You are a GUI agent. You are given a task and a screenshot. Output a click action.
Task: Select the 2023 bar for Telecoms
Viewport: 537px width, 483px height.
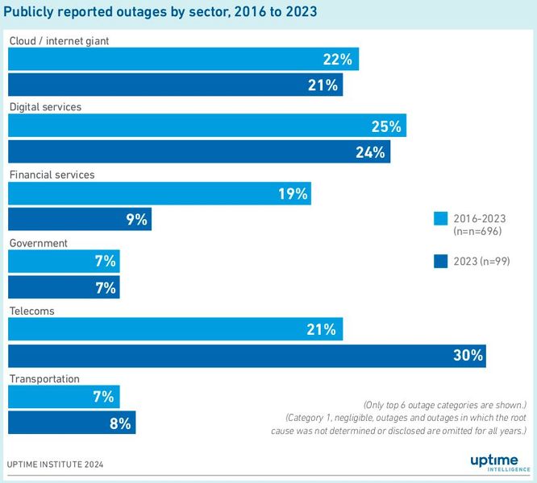click(x=246, y=355)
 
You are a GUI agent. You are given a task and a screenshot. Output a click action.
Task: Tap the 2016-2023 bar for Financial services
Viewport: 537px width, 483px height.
click(x=159, y=193)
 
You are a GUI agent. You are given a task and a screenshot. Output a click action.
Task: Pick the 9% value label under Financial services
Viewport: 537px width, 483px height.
click(x=136, y=219)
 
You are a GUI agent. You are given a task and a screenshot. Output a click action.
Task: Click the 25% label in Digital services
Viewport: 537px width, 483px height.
click(x=386, y=126)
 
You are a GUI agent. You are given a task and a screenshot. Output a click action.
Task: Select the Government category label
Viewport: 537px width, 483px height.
click(x=38, y=243)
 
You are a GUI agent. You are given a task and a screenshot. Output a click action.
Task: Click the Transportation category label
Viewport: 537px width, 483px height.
click(x=44, y=378)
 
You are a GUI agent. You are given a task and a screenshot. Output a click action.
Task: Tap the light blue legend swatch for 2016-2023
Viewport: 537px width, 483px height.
click(x=440, y=218)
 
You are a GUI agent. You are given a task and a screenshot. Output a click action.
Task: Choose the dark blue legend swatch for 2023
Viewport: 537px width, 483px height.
click(x=440, y=260)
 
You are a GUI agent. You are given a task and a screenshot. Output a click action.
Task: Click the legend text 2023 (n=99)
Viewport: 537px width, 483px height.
click(x=482, y=260)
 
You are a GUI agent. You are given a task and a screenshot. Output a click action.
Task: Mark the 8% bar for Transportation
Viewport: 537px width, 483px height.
click(x=72, y=423)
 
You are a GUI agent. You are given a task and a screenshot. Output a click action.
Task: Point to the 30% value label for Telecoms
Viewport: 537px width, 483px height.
click(x=467, y=355)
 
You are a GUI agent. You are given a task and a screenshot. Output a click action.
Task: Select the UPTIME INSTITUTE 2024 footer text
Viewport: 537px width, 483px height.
click(x=55, y=464)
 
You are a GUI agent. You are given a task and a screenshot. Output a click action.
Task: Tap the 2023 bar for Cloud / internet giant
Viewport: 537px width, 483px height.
click(x=175, y=84)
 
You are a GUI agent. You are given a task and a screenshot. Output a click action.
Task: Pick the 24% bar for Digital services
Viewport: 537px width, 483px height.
click(x=198, y=151)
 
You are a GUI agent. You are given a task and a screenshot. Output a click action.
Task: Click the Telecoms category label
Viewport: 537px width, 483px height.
click(x=31, y=311)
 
